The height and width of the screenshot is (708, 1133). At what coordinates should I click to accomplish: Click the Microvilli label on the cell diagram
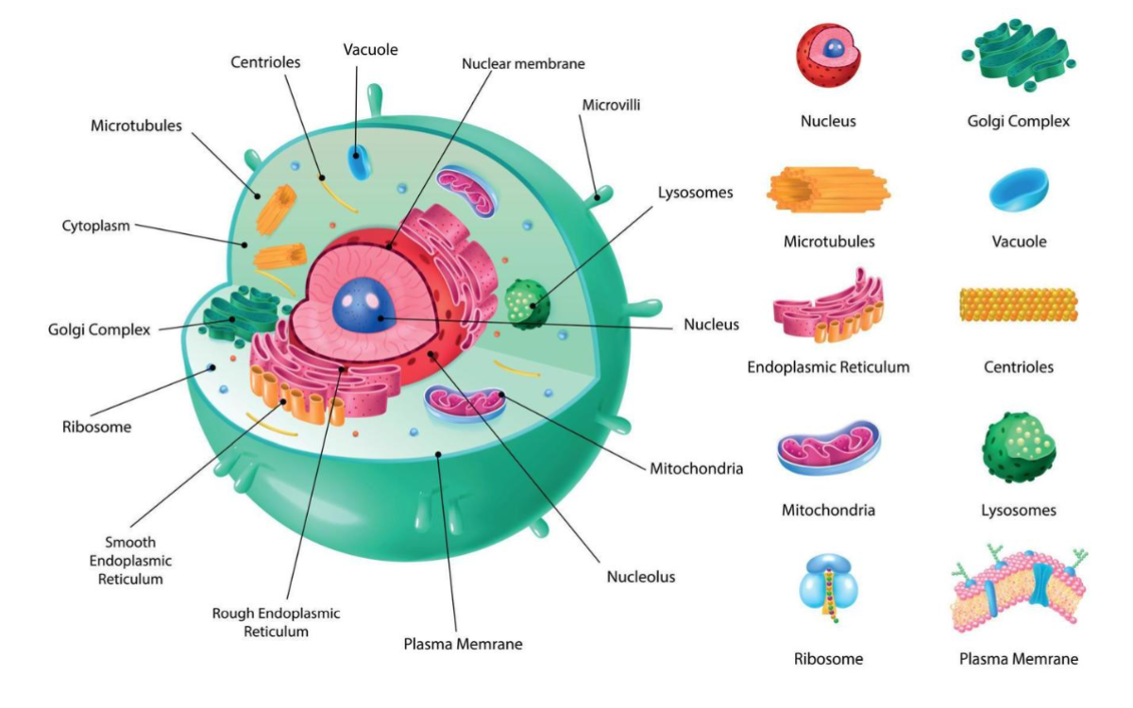coord(611,105)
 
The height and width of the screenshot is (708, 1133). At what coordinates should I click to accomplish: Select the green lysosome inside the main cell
coord(525,303)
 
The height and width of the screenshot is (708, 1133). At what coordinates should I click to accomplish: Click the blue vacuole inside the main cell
coord(359,161)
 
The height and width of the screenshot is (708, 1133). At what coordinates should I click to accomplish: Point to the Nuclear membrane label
coord(523,64)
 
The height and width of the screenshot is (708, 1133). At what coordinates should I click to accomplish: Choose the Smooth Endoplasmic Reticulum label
coord(130,561)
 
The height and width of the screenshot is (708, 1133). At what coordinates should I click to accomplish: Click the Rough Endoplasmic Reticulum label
coord(276,622)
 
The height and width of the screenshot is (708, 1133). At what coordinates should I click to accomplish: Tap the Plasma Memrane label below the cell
coord(463,644)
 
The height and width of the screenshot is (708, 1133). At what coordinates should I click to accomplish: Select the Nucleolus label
coord(640,576)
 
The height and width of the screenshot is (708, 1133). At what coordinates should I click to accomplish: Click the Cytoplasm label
coord(95,226)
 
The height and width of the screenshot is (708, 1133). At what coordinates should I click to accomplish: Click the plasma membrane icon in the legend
coord(1018,591)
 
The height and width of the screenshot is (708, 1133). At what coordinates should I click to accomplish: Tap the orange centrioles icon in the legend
coord(1018,305)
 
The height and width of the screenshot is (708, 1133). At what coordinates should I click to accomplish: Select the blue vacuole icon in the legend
coord(1019,189)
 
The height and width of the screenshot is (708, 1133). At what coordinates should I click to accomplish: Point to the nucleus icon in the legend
coord(828,56)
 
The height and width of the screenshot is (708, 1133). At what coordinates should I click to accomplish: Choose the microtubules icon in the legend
coord(828,190)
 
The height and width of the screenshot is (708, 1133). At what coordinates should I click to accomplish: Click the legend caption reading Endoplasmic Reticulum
coord(828,366)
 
